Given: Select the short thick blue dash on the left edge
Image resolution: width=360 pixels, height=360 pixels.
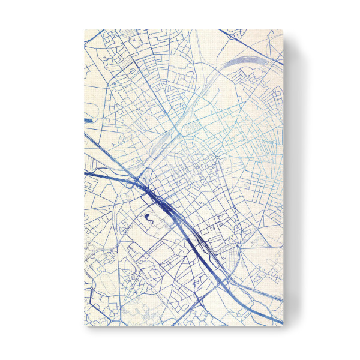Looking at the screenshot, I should tap(88, 119).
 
